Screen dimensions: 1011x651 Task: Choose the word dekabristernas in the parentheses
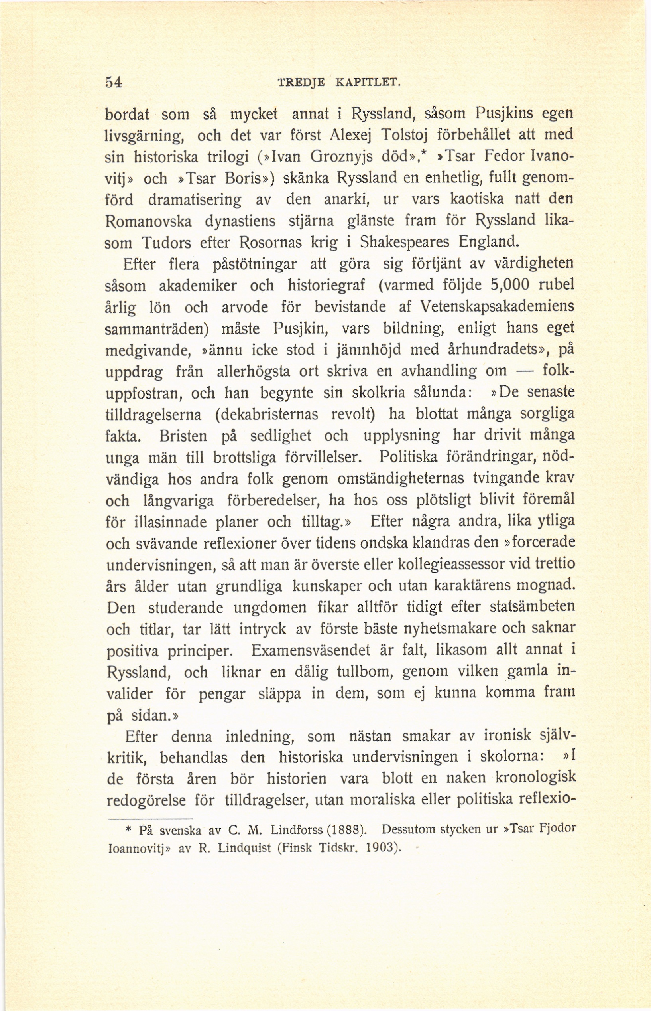point(266,414)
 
